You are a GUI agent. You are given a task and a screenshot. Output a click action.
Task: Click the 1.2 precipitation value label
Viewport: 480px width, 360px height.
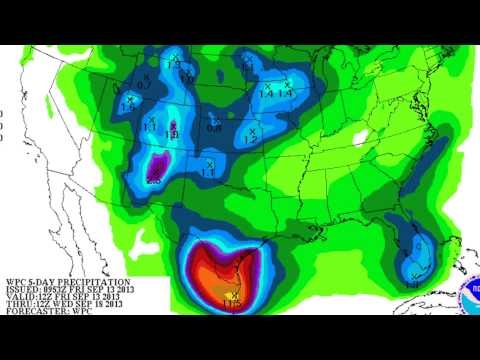pyautogui.click(x=250, y=140)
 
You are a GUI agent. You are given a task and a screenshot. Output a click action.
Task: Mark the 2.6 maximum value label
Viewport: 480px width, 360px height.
pyautogui.click(x=153, y=181)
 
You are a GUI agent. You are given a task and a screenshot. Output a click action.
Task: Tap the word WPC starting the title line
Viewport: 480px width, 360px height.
pyautogui.click(x=17, y=282)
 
